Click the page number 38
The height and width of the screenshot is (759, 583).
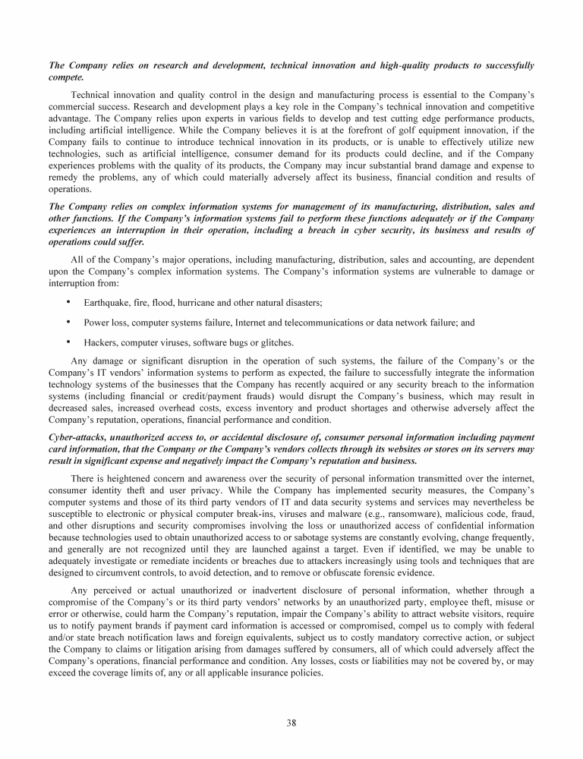coord(291,723)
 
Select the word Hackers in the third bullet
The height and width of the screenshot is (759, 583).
coord(101,342)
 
